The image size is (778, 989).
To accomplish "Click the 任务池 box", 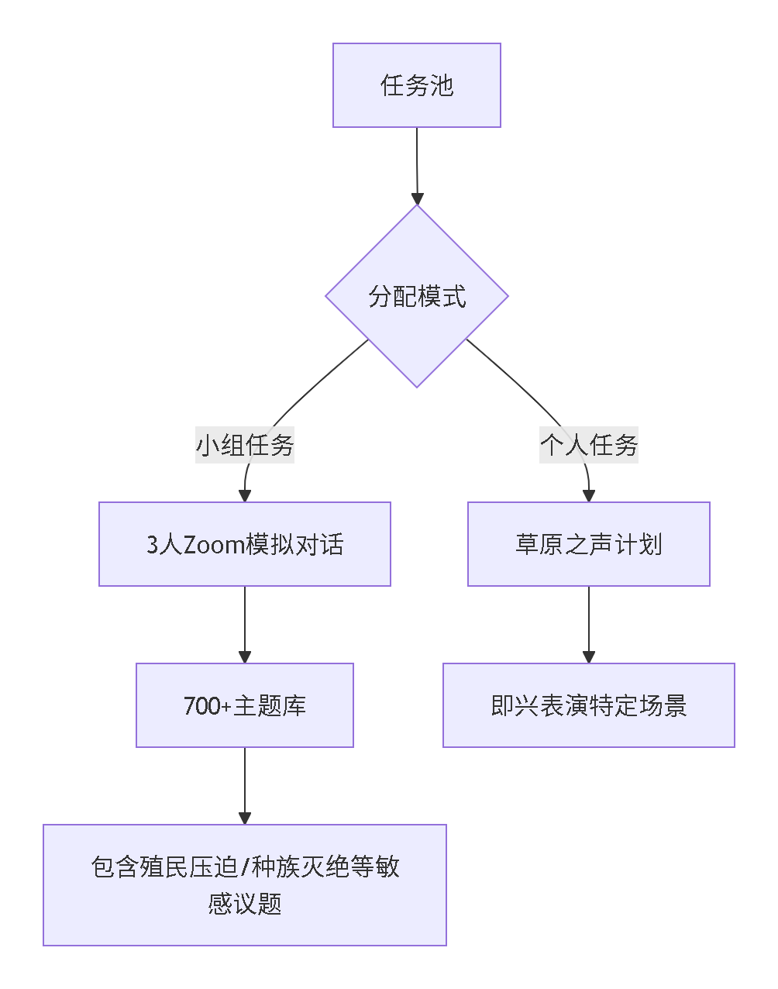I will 417,85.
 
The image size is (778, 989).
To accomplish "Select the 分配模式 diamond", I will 417,296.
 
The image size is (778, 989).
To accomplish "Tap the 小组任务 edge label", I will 245,446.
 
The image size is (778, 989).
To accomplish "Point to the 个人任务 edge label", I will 589,446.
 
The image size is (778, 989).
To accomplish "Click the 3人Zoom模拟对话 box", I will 245,544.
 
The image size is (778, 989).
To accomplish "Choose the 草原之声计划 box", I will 589,544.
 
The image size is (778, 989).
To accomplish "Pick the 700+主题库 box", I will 245,705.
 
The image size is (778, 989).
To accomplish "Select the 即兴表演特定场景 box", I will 589,705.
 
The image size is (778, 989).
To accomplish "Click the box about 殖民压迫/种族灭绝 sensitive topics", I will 245,885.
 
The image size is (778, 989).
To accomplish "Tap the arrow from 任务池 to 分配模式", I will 417,163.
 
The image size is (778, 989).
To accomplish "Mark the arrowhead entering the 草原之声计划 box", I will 589,496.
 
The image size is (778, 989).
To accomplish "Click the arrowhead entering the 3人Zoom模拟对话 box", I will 245,496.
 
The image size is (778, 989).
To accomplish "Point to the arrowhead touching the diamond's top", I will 417,198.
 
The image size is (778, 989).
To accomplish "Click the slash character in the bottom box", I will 246,867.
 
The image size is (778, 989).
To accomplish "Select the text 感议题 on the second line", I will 245,904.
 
